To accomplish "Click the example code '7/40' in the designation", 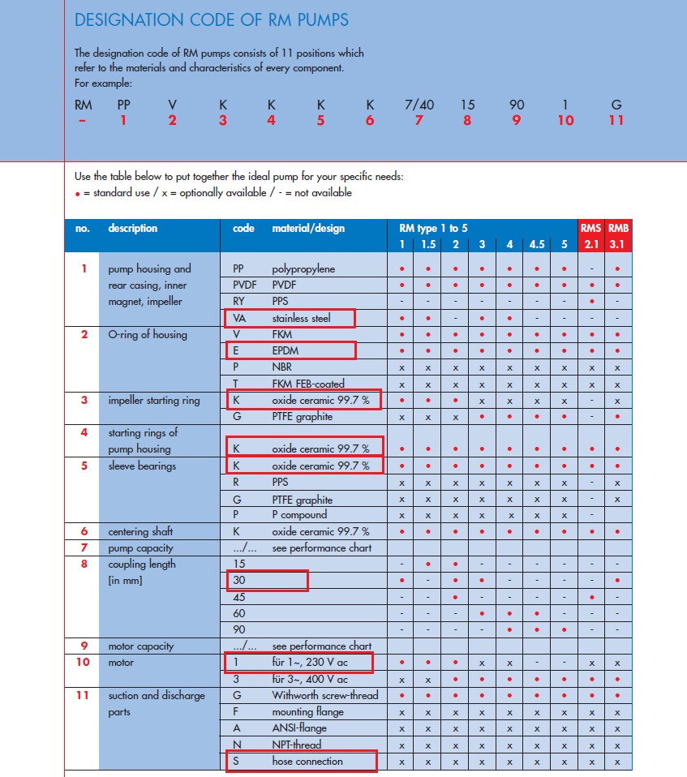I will tap(419, 105).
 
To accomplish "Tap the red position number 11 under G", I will tap(616, 120).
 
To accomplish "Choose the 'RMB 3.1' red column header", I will tap(618, 235).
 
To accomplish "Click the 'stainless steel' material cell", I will tap(301, 318).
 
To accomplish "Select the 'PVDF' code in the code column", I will tap(244, 285).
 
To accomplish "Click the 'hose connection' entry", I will tap(307, 762).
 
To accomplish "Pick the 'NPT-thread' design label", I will tap(297, 745).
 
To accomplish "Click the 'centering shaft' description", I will tap(140, 531).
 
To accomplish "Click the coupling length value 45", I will tap(239, 597).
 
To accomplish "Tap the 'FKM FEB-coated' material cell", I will tap(308, 384).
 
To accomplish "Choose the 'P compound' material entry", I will tap(299, 515).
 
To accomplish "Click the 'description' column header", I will tap(132, 229).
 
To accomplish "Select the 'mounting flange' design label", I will tap(307, 712).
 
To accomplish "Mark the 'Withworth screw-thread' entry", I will tap(324, 695).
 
